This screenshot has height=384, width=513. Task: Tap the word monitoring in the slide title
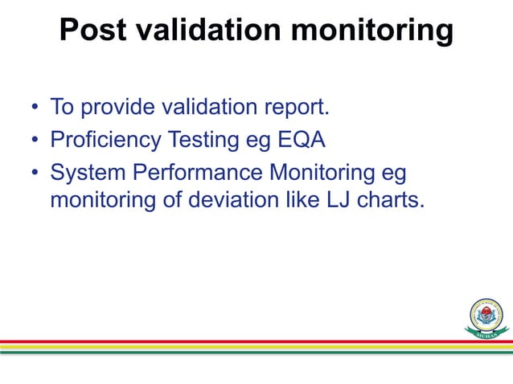(371, 31)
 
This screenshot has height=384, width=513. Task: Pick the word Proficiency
(105, 140)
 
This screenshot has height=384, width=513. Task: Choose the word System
(85, 173)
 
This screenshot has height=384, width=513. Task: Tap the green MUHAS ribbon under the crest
(486, 331)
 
